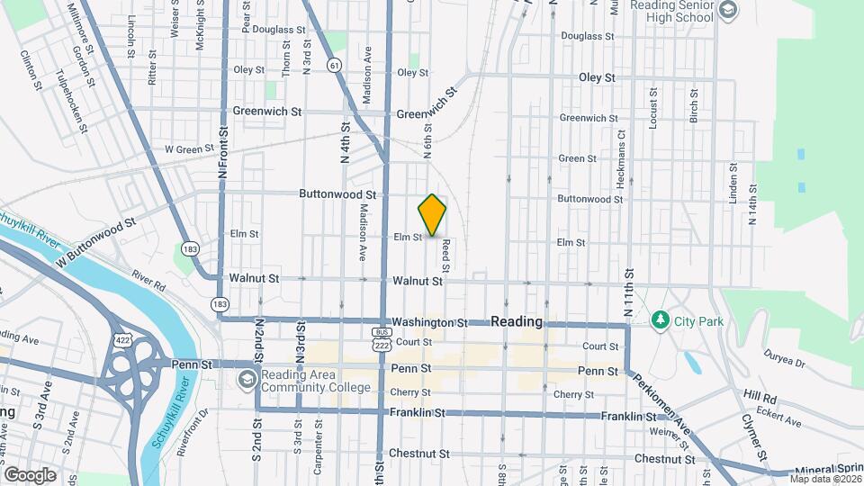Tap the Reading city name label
[517, 321]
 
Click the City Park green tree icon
[661, 319]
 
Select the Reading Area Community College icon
[246, 380]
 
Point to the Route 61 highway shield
[335, 66]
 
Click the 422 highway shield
[123, 338]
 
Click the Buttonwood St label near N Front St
[337, 194]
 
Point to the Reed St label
[445, 256]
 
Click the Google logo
[30, 475]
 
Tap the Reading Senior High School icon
[727, 10]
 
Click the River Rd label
[148, 281]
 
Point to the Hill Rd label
[759, 395]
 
